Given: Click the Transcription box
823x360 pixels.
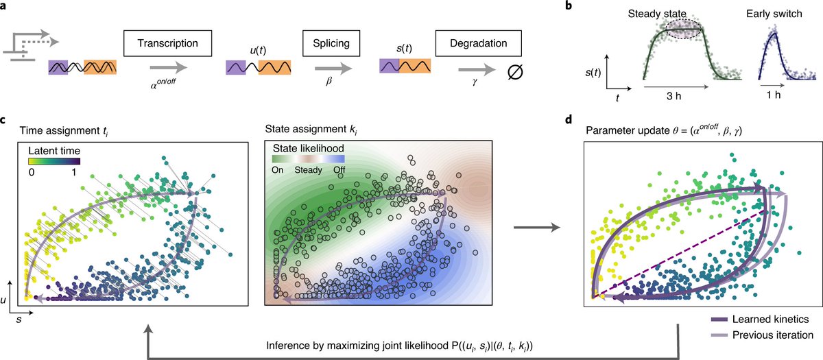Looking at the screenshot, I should pos(165,43).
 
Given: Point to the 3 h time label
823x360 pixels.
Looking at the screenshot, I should pos(675,97).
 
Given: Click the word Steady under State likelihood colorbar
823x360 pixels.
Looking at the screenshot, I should pos(308,172).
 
